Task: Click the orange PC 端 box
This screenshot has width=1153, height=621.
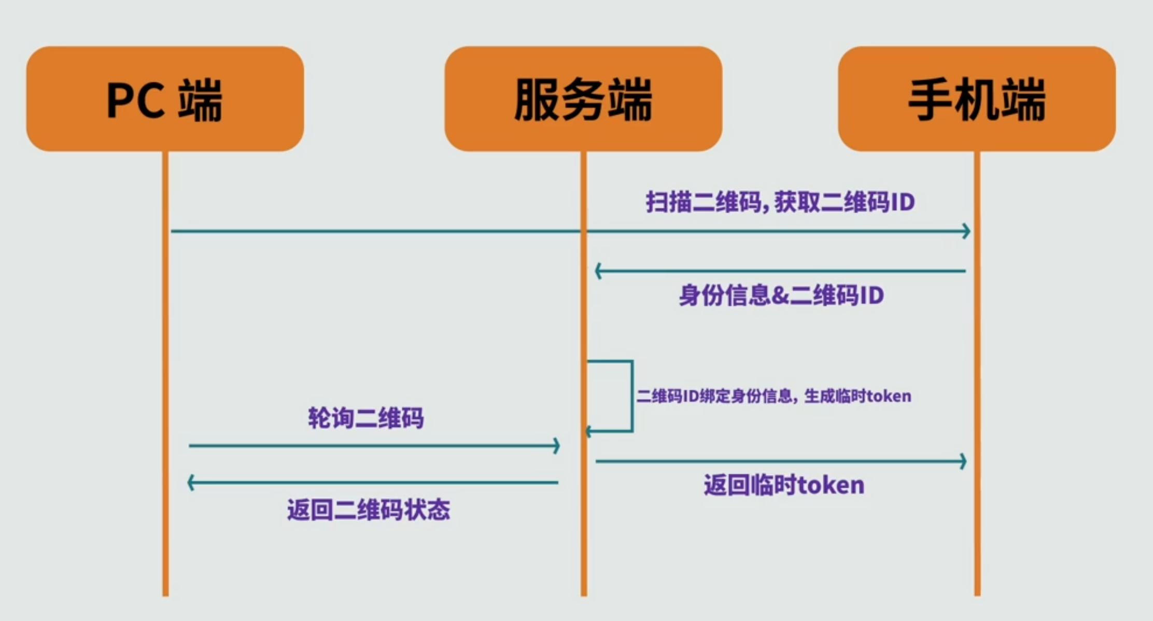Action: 165,98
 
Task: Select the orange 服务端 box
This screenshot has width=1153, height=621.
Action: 583,98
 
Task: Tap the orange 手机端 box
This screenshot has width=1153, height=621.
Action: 976,98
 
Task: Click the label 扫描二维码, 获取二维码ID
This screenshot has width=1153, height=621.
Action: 780,202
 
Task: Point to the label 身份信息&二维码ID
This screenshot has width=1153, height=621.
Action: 781,295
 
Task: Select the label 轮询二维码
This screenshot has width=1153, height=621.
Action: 365,418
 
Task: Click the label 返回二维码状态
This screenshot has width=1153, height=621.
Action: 369,510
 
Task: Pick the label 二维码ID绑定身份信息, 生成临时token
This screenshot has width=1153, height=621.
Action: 774,396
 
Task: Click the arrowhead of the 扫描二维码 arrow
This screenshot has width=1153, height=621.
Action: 967,231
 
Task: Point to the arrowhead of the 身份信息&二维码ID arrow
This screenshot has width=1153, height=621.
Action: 598,271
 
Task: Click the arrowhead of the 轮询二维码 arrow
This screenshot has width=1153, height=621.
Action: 557,445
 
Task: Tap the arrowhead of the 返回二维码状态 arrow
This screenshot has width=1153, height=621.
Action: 190,483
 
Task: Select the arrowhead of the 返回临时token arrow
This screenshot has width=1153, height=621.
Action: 963,461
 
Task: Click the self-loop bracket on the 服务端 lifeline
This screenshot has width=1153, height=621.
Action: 631,395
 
